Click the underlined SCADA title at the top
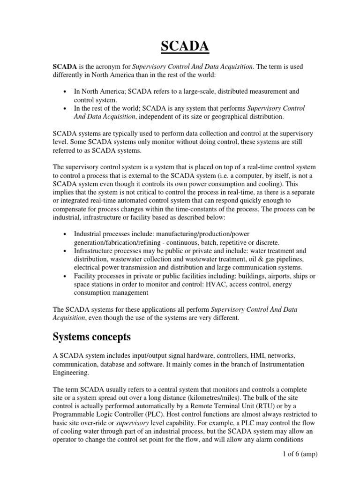pos(180,47)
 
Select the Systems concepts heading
pos(92,337)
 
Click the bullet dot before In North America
pos(64,92)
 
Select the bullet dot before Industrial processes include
pos(64,234)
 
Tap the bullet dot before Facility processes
pos(64,276)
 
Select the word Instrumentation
pos(272,364)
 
